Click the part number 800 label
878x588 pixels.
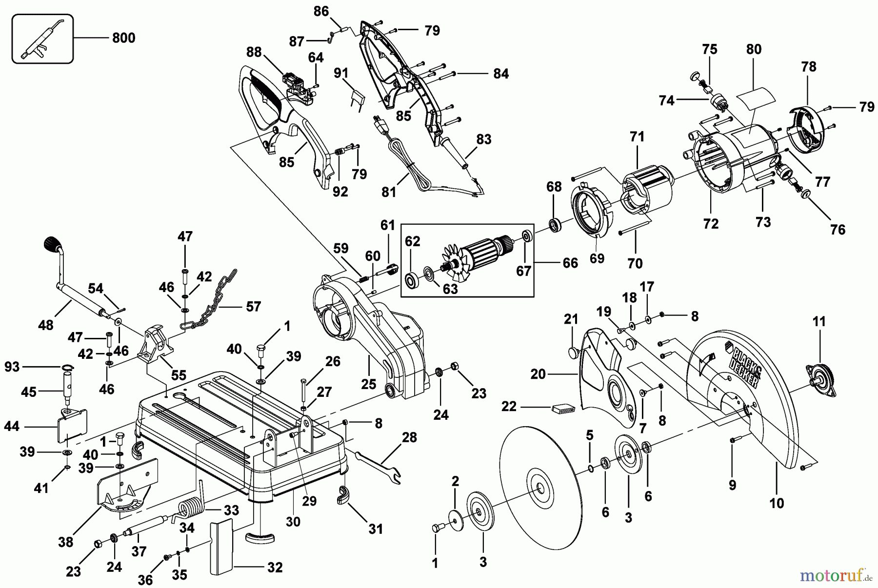click(x=123, y=38)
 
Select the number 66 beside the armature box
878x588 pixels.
click(x=570, y=263)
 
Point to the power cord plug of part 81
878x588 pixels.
click(x=378, y=124)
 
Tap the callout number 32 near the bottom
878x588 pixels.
click(x=275, y=568)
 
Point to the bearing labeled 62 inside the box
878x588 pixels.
click(x=413, y=281)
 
